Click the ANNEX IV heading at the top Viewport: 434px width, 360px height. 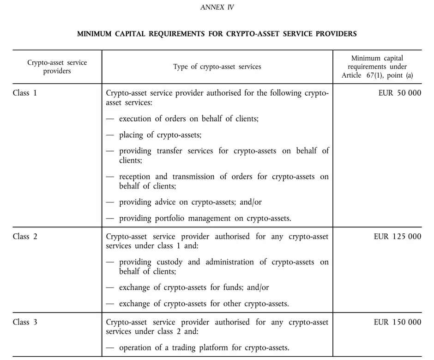pos(217,7)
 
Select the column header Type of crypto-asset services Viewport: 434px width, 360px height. pos(217,67)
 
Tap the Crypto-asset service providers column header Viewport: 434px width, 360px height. pos(57,67)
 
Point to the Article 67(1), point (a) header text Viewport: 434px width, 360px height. pos(377,75)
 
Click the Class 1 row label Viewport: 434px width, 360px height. pos(25,93)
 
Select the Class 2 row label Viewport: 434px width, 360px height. pos(25,236)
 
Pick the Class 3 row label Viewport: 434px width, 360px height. pos(25,322)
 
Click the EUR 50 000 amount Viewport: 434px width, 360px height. pos(400,93)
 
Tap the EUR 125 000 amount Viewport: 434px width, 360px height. pos(398,236)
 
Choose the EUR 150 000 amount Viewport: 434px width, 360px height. pos(398,322)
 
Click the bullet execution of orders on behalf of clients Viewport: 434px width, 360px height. pos(188,118)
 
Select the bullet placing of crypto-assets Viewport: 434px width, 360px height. pos(160,134)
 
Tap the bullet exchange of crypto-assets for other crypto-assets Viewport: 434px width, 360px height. pos(204,304)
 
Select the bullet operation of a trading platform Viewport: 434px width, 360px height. pos(205,348)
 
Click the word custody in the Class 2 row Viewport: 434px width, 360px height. pos(170,262)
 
